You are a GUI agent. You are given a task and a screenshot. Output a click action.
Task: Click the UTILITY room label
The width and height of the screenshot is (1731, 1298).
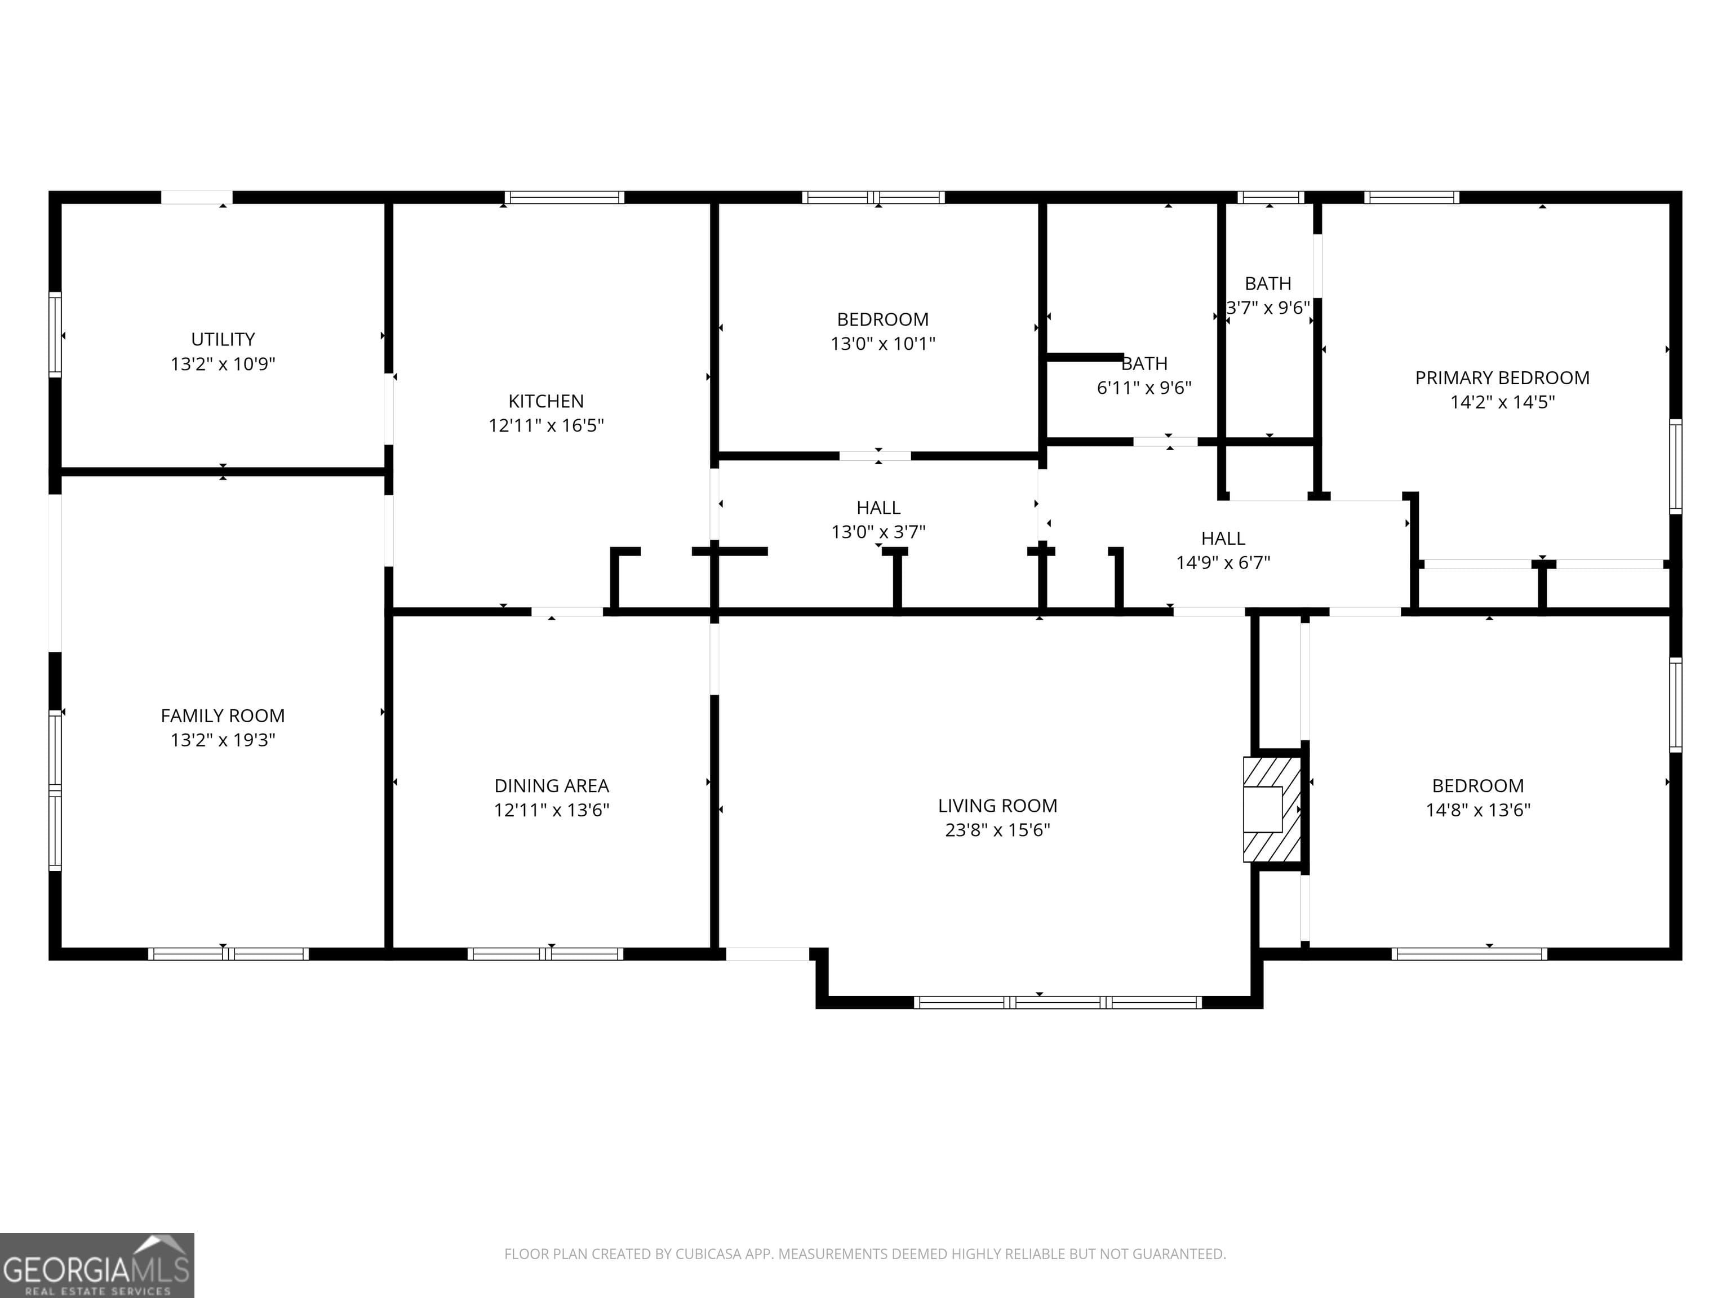point(223,339)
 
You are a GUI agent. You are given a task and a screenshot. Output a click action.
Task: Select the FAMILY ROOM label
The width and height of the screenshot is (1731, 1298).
point(223,715)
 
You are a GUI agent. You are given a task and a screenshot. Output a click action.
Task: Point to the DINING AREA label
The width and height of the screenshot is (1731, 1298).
point(552,785)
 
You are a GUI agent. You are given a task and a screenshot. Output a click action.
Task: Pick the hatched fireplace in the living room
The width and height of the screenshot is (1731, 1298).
point(1272,809)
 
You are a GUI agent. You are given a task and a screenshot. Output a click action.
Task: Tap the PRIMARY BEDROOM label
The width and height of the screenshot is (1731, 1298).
point(1502,378)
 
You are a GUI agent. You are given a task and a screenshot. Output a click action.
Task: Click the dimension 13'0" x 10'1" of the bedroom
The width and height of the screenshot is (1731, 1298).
point(883,344)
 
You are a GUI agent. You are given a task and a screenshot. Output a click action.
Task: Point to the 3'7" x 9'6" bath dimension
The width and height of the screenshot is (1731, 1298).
point(1268,308)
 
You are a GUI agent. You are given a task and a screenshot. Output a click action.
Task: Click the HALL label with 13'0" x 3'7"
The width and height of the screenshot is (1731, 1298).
point(878,508)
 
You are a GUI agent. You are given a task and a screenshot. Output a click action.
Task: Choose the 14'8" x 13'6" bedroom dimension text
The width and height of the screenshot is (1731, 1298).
point(1477,810)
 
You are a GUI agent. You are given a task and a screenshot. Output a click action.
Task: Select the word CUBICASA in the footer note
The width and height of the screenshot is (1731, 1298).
point(704,1253)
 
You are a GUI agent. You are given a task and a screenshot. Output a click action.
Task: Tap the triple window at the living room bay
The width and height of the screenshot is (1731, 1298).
point(1057,1002)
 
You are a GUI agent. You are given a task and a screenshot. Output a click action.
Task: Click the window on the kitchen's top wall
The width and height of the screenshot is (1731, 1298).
point(563,197)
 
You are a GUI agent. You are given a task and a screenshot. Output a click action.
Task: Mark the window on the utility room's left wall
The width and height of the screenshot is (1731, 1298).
point(55,335)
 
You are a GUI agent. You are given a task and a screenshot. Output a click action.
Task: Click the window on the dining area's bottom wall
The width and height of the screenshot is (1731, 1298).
point(545,954)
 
